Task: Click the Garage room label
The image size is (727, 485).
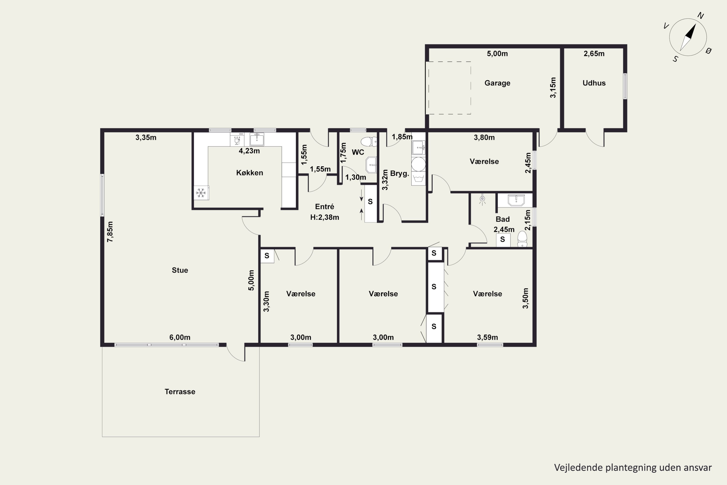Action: click(497, 83)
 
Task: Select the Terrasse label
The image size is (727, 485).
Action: click(180, 392)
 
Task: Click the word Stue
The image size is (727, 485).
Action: click(180, 270)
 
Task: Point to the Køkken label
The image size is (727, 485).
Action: click(249, 173)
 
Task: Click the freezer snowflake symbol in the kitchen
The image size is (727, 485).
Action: click(201, 193)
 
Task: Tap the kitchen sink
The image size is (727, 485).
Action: click(257, 139)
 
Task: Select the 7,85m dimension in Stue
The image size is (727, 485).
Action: click(110, 232)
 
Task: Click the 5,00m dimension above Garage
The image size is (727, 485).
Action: click(497, 54)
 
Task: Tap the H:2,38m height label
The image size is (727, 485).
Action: click(324, 217)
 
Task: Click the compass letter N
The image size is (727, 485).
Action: click(701, 16)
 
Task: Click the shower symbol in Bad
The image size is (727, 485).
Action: click(482, 200)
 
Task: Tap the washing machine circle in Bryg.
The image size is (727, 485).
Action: click(418, 164)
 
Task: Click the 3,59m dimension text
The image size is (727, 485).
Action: click(487, 337)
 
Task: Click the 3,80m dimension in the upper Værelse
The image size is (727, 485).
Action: click(484, 137)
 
